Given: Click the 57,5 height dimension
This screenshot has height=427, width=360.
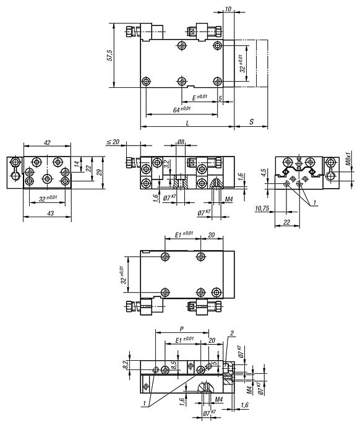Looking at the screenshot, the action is pyautogui.click(x=109, y=55).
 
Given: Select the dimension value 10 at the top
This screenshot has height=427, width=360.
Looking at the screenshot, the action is pyautogui.click(x=228, y=9).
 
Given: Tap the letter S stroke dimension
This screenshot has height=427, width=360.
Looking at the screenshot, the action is pyautogui.click(x=251, y=122).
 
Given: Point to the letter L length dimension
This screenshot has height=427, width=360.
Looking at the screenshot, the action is pyautogui.click(x=187, y=123).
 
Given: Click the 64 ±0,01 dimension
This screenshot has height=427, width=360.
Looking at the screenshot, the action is pyautogui.click(x=182, y=110).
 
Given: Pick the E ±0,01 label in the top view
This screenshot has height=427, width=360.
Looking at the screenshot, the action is pyautogui.click(x=199, y=97).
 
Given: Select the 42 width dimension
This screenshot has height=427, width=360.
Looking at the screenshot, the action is pyautogui.click(x=47, y=142).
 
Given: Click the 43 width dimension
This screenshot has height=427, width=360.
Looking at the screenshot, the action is pyautogui.click(x=51, y=213).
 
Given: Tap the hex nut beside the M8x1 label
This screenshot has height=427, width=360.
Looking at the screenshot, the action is pyautogui.click(x=331, y=162).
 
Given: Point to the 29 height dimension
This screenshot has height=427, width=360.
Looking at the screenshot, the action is pyautogui.click(x=100, y=173).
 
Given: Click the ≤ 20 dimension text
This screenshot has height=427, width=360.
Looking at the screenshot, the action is pyautogui.click(x=113, y=142).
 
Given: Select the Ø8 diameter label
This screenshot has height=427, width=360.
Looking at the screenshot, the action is pyautogui.click(x=181, y=142).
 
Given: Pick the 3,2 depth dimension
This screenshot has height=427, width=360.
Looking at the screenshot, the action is pyautogui.click(x=168, y=163).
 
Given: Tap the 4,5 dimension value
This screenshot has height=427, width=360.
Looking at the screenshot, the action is pyautogui.click(x=264, y=173).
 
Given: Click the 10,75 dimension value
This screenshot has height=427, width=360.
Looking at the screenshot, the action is pyautogui.click(x=262, y=209).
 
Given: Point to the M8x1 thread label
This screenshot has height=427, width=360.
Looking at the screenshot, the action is pyautogui.click(x=349, y=158).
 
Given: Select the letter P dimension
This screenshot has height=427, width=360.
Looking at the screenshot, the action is pyautogui.click(x=182, y=329).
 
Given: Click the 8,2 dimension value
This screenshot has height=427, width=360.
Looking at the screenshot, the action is pyautogui.click(x=125, y=365).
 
